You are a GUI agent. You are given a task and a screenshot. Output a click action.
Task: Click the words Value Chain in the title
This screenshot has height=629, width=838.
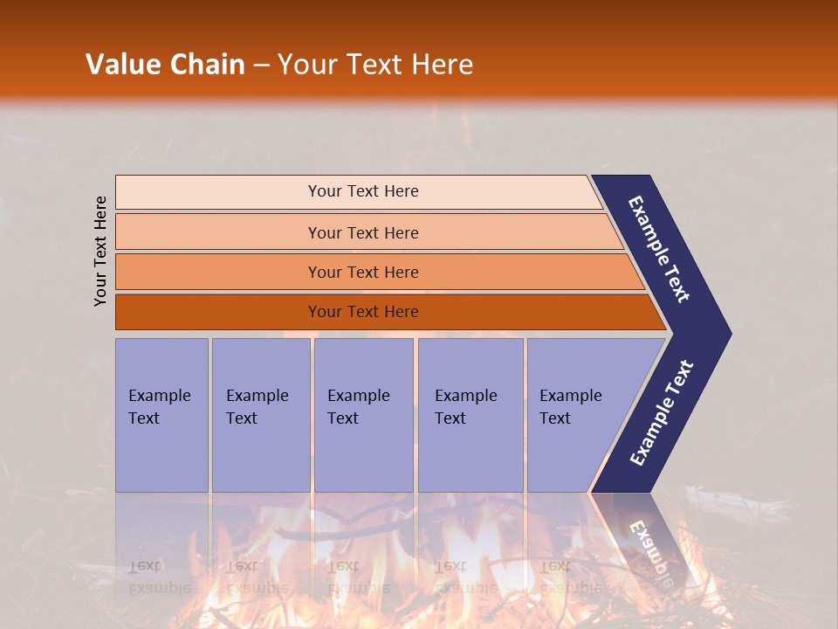[165, 65]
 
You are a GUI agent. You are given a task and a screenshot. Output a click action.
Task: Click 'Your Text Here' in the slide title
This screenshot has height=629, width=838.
[375, 65]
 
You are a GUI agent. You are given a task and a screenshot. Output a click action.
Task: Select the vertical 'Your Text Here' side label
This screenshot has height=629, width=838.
[100, 251]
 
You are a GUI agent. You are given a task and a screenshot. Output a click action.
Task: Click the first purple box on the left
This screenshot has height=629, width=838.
[161, 454]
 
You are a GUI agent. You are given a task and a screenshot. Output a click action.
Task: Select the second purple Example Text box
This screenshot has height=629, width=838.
[261, 454]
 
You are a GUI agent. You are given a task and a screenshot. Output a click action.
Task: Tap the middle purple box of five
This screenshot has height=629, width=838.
[363, 454]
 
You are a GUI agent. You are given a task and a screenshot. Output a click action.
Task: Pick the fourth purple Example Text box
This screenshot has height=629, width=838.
[471, 454]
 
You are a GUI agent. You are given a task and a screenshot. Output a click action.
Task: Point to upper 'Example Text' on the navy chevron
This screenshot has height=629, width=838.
[659, 249]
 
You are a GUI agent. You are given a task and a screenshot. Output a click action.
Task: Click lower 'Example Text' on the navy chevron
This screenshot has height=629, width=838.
[662, 413]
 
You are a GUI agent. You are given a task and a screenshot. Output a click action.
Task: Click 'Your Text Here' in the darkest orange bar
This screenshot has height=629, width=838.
[363, 312]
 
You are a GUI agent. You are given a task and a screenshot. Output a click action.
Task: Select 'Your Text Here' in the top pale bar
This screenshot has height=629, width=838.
[363, 191]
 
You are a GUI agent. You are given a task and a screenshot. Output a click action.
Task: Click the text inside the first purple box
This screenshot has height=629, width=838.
[159, 407]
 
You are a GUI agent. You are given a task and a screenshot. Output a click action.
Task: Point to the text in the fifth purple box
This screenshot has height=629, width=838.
[570, 407]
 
